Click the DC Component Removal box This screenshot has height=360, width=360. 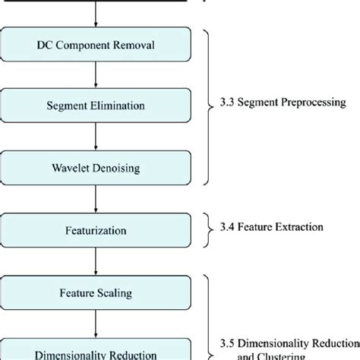[x=96, y=45]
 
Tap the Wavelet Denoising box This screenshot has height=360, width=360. [x=96, y=166]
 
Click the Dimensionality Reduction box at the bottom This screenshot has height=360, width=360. [x=96, y=351]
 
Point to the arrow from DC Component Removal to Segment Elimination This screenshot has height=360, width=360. [x=96, y=75]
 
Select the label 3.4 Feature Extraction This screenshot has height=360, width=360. [x=270, y=226]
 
